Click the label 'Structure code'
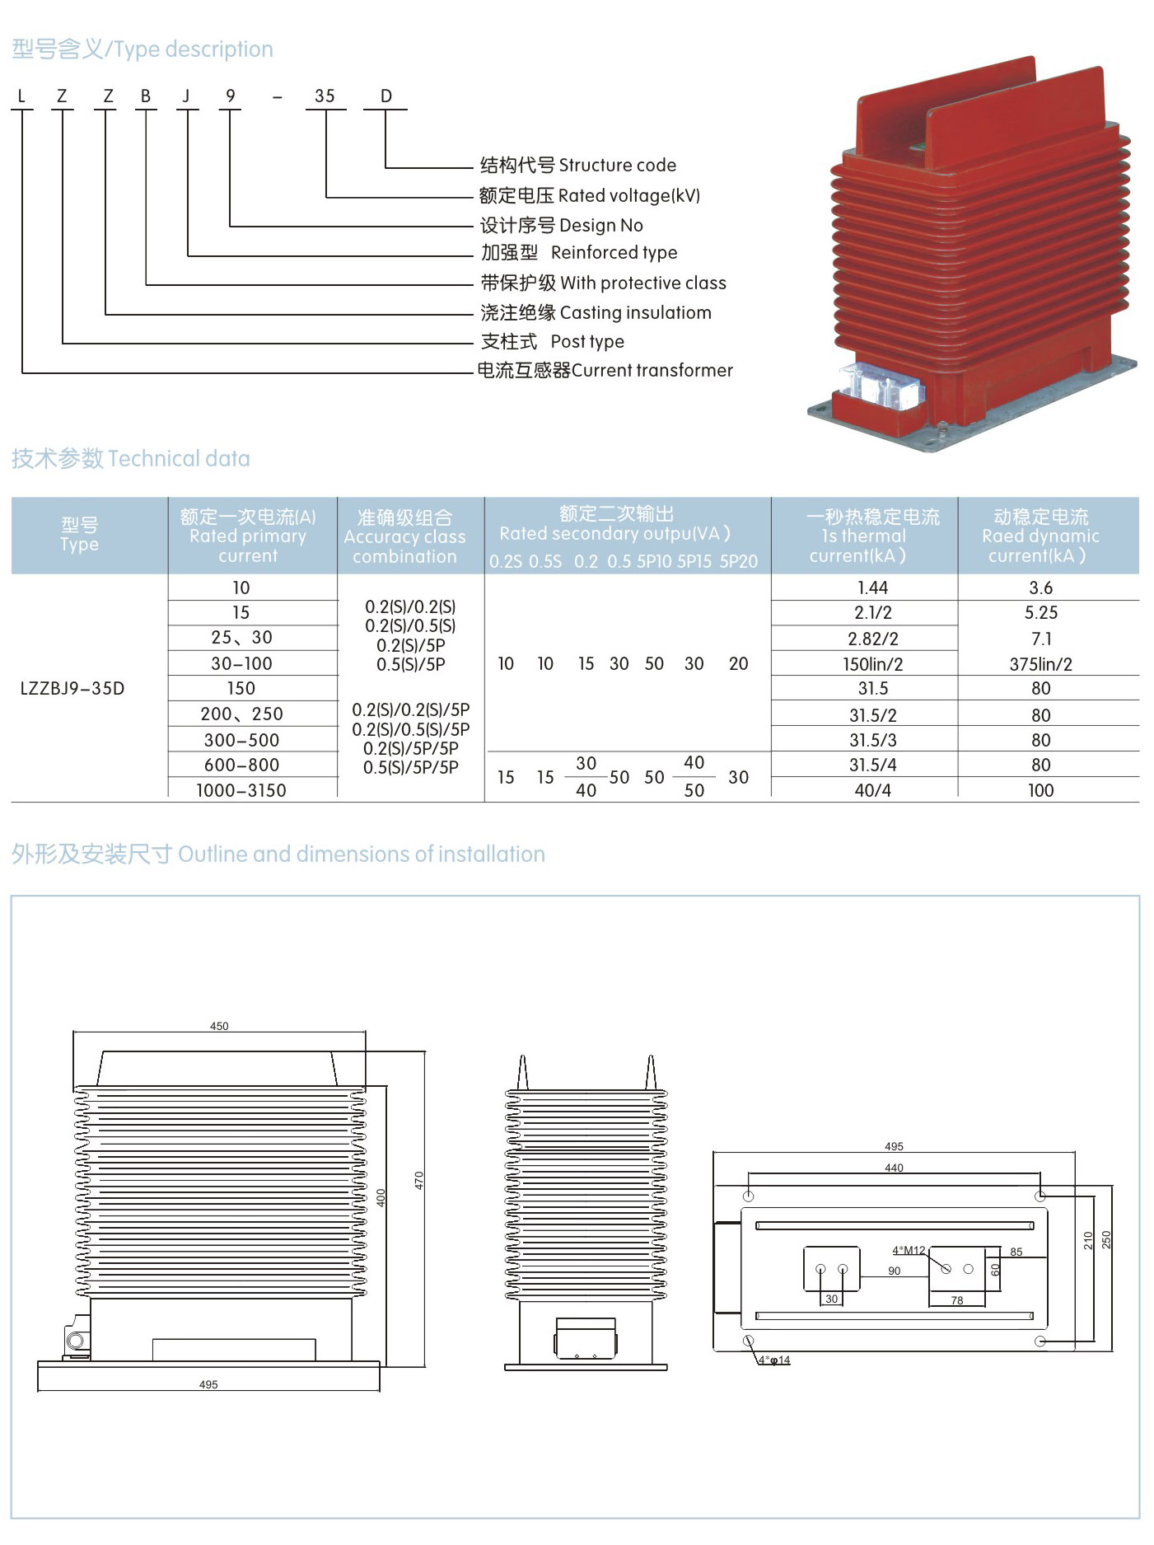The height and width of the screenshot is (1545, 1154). pos(617,165)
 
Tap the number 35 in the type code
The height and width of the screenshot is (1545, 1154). pos(325,96)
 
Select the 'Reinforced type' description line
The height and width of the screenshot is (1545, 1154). pos(614,252)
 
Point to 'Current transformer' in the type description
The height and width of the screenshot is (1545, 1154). pos(652,370)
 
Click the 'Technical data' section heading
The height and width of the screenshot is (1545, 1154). pos(179,458)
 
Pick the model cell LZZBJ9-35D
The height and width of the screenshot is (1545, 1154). pos(72,688)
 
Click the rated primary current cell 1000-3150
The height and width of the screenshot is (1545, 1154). pos(241,790)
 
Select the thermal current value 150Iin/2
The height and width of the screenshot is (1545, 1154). pos(872,663)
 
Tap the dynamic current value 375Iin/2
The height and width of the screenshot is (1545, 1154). pos(1040,663)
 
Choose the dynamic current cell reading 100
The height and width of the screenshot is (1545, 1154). pos(1040,790)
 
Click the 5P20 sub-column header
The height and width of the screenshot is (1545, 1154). pos(738,561)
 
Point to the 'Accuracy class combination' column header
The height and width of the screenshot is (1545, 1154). pos(404,536)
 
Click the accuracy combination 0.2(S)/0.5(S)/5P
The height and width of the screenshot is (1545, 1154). pos(410,729)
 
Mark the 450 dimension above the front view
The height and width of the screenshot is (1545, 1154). pos(219,1026)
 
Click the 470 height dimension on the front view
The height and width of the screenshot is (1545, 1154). pos(418,1180)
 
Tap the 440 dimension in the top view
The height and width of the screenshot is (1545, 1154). pos(894,1168)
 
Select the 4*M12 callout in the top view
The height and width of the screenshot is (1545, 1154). pos(909,1250)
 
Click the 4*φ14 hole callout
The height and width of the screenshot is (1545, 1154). pos(774,1360)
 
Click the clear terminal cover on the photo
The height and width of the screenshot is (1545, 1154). pos(881,386)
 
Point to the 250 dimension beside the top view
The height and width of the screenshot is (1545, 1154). pos(1106,1239)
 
